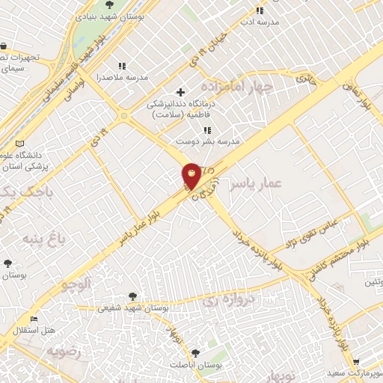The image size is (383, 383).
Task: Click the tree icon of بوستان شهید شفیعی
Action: click(x=132, y=296)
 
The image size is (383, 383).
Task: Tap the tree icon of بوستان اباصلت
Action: click(x=195, y=351)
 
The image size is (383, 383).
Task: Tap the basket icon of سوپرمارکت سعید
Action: click(x=355, y=361)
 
